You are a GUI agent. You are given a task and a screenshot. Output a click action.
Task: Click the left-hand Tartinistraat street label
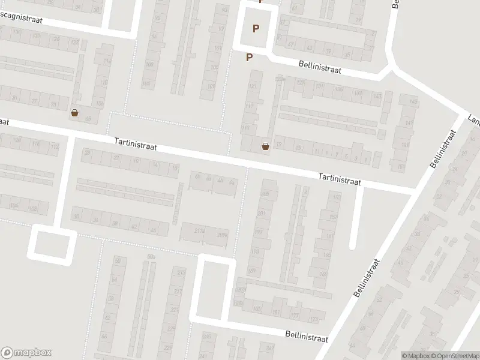point(136,145)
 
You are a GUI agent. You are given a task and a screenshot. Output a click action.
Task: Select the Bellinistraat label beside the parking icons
point(320,67)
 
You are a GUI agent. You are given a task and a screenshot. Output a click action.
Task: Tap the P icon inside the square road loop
point(257,28)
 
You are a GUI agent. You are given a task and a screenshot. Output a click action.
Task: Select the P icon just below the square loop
point(250,57)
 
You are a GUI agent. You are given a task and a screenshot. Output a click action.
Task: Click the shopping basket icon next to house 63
point(74,112)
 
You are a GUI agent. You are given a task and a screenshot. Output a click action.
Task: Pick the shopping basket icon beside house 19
point(265,145)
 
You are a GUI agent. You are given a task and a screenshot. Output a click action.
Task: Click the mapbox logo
point(26,352)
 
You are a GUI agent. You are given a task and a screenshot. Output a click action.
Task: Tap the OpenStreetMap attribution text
point(454,356)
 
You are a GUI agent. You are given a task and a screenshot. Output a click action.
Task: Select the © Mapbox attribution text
point(415,356)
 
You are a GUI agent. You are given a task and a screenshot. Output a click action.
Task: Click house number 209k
point(223,234)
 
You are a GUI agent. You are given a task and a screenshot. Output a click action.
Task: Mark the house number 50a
point(151,256)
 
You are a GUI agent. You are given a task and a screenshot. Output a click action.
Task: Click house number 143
point(376,96)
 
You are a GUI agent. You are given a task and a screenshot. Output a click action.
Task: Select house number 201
point(261,213)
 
